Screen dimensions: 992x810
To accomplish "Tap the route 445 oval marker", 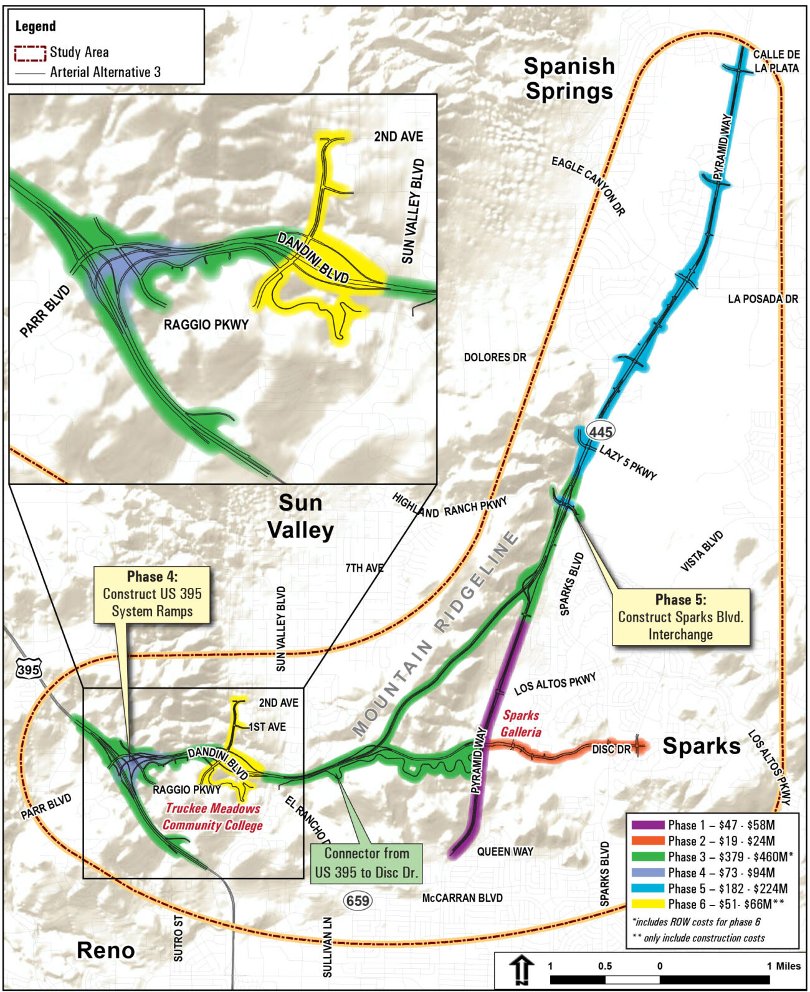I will coord(600,431).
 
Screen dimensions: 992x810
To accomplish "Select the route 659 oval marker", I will coord(358,900).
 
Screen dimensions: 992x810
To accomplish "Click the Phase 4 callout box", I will coord(152,594).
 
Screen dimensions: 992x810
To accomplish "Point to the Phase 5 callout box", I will coord(680,617).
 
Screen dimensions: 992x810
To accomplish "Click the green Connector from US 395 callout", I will coord(366,862).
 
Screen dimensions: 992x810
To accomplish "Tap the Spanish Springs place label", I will coord(569,78).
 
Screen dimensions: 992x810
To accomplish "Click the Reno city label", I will coord(105,950).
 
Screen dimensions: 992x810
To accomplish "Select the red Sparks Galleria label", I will coord(522,724).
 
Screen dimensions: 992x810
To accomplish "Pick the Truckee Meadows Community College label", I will coord(212,817).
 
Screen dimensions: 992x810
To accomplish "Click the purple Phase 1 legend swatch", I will coord(647,825).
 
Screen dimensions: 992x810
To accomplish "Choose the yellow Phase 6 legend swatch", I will coord(647,904).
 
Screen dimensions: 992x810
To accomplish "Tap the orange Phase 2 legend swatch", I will coord(647,841).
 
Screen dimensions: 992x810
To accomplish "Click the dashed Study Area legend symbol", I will coord(31,53).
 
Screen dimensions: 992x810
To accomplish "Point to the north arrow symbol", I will coord(522,970).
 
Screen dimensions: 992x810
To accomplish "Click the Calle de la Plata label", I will coord(776,61).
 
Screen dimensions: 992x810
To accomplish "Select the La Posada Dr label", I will coord(763,299).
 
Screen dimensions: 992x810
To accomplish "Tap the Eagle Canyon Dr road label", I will coord(588,186).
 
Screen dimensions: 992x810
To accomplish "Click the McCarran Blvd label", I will coord(462,898).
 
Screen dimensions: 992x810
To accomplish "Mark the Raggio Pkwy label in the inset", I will coord(206,324).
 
